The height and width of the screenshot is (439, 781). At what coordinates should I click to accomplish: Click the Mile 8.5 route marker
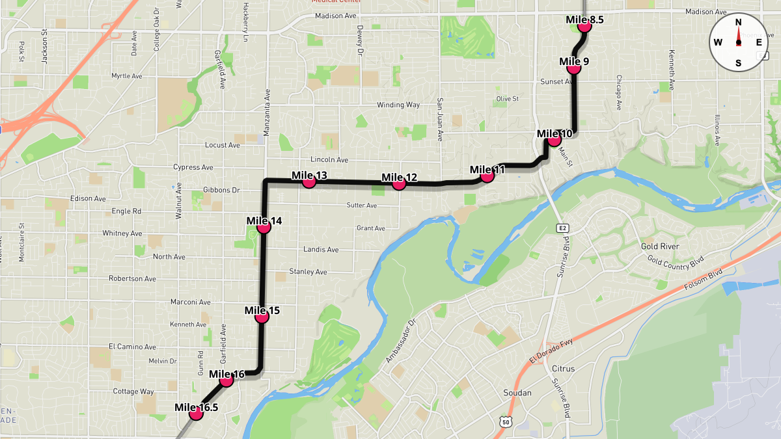(584, 26)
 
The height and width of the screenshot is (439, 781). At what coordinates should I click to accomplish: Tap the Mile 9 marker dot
(573, 68)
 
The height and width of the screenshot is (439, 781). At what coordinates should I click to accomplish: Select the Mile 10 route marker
(555, 140)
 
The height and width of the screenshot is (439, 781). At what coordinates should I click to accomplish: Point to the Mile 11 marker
(487, 176)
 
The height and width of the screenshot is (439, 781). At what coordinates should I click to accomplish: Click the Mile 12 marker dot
(399, 184)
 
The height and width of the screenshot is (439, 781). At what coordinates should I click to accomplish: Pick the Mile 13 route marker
(309, 182)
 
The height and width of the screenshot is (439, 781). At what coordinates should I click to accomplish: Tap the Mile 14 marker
(264, 228)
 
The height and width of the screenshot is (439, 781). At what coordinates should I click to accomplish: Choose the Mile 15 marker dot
(262, 317)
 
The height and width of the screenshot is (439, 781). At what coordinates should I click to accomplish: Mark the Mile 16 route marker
(226, 380)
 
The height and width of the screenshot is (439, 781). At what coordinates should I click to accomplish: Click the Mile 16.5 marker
(196, 414)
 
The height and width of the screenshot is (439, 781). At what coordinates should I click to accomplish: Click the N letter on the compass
(738, 22)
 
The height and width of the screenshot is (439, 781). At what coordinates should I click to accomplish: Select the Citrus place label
(563, 369)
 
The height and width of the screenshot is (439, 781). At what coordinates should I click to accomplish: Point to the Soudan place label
(518, 393)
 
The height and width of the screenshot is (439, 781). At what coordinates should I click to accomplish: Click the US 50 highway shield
(506, 422)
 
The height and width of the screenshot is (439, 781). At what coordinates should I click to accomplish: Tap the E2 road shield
(562, 228)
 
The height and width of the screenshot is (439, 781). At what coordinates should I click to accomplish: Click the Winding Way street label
(398, 105)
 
